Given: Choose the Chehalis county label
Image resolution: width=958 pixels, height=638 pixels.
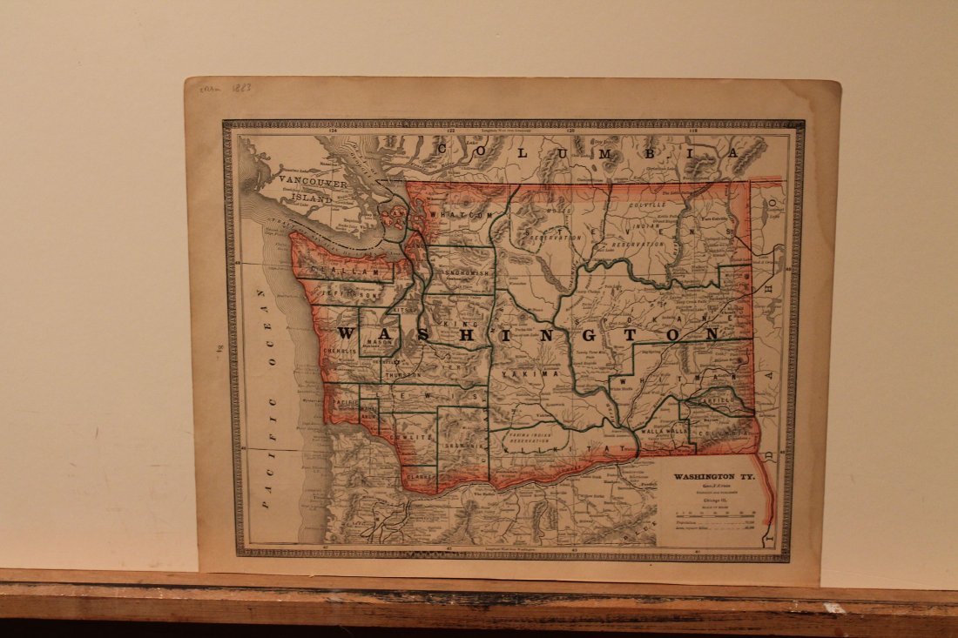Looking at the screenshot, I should [x=341, y=351].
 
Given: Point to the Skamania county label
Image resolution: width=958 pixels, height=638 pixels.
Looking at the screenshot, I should [x=462, y=446].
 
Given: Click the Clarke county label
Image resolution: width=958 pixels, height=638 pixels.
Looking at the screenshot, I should [x=420, y=476].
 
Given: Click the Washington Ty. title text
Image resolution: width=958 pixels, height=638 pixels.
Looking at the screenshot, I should [x=713, y=477].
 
